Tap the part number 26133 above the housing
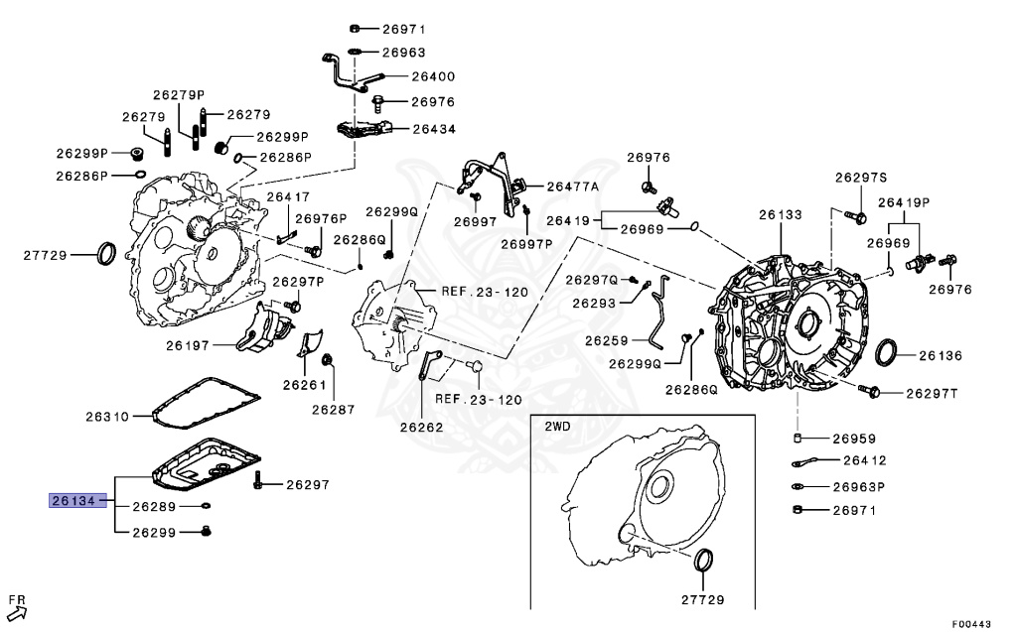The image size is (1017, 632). pyautogui.click(x=781, y=213)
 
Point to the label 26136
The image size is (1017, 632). pyautogui.click(x=941, y=355)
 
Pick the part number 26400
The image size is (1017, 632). pyautogui.click(x=432, y=76)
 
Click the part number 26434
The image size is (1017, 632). pyautogui.click(x=434, y=128)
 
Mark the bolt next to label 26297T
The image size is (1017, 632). pyautogui.click(x=871, y=392)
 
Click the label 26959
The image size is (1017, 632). pyautogui.click(x=854, y=438)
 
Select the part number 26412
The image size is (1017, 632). pyautogui.click(x=864, y=460)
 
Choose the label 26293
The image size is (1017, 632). pyautogui.click(x=593, y=302)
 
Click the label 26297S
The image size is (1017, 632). pyautogui.click(x=860, y=177)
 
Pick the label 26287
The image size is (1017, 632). pyautogui.click(x=334, y=409)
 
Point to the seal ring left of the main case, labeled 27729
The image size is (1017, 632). pyautogui.click(x=104, y=253)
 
